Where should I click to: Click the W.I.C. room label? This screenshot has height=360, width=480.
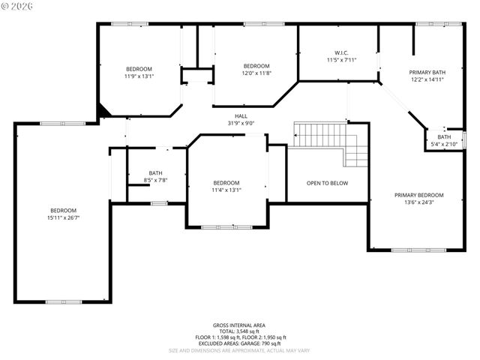coord(342,52)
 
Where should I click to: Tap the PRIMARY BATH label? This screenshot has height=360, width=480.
coord(425,72)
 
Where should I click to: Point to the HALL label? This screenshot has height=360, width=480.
coord(241,116)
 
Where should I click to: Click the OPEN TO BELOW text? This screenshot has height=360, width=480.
coord(327,183)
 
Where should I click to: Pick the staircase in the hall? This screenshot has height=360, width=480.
coord(329,142)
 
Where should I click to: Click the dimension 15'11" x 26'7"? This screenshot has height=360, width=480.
coord(64,217)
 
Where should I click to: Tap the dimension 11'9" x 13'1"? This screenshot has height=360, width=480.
coord(139,76)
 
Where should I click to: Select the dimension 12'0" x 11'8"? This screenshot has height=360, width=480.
coord(256,73)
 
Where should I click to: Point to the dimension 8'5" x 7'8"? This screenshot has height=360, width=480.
coord(155,180)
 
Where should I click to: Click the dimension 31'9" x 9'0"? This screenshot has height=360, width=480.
coord(241,123)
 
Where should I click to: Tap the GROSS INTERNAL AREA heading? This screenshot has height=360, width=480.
coord(236,325)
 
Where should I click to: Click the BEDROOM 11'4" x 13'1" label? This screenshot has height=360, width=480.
coord(226,186)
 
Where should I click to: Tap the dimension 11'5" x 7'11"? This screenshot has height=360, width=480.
coord(342,59)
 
